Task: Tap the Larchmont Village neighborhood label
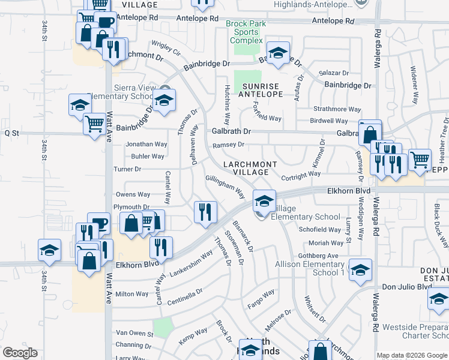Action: (251, 168)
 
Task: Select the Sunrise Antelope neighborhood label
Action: (261, 90)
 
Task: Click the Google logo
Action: (20, 353)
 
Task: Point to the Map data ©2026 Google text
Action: (412, 355)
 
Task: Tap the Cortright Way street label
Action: (301, 175)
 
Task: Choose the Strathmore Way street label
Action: (338, 109)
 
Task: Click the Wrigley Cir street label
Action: (166, 47)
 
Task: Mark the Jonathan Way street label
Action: (146, 145)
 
